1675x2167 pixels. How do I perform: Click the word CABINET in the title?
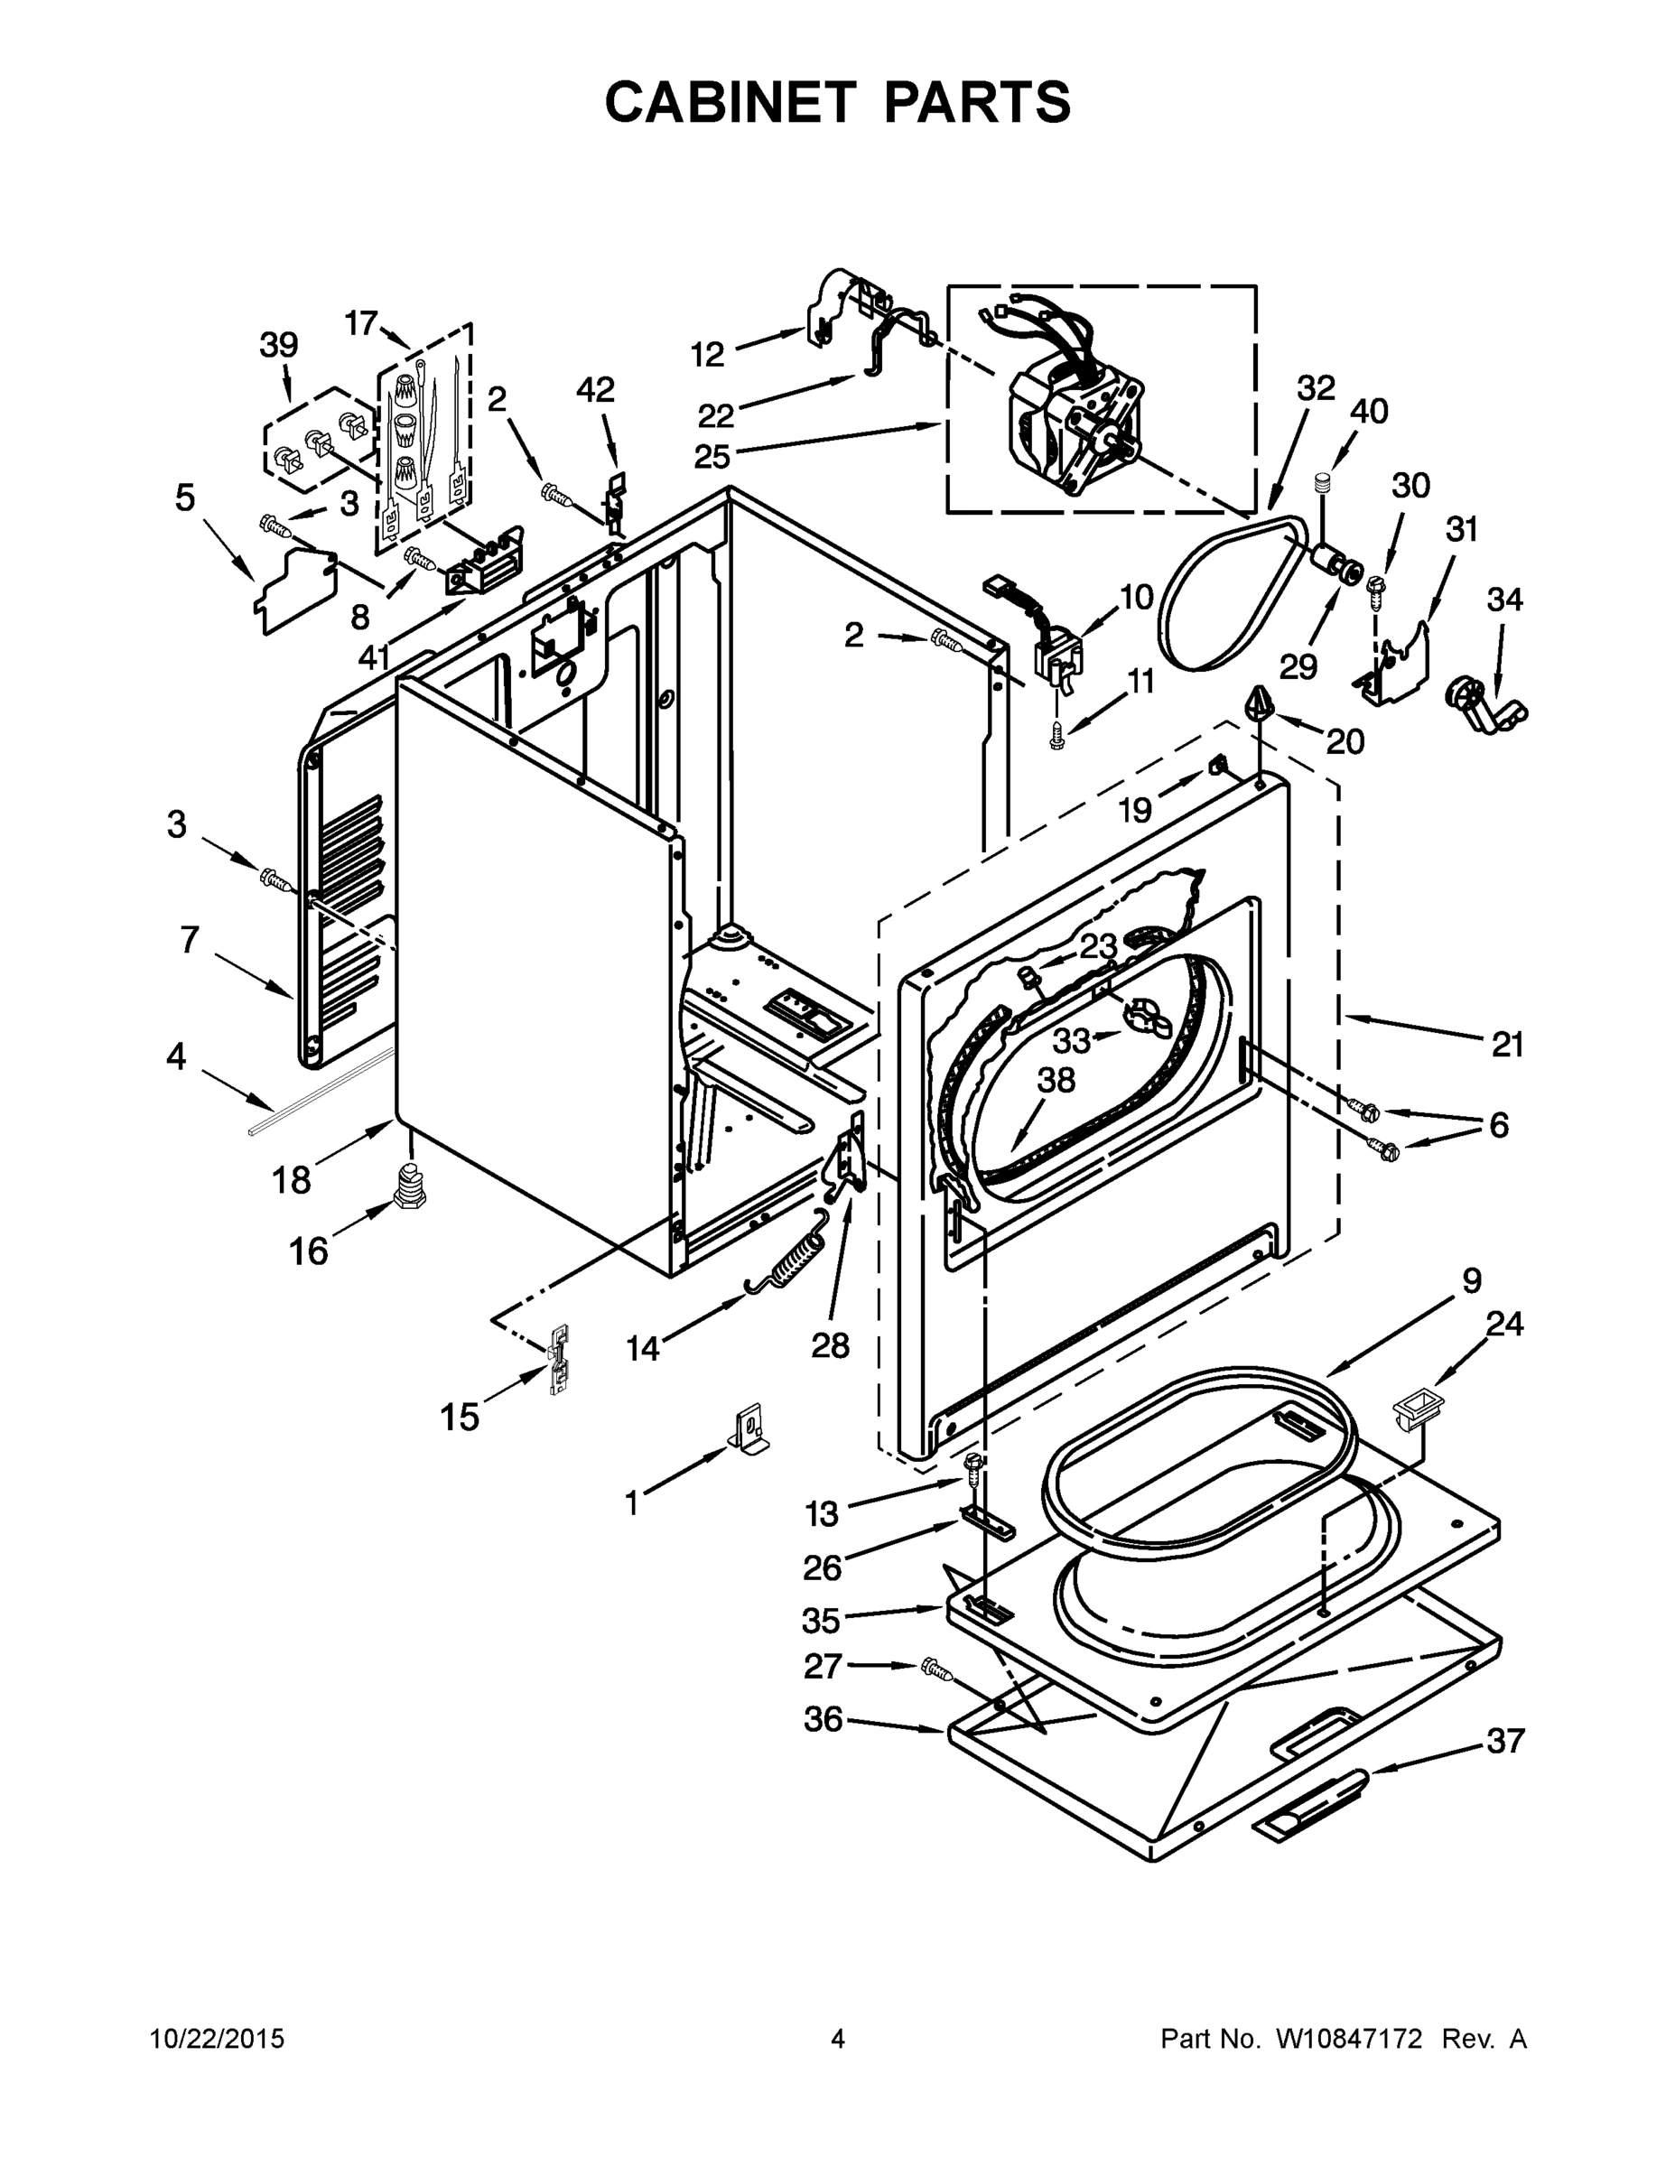[x=730, y=101]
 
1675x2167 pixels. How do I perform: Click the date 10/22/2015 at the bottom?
[x=218, y=2039]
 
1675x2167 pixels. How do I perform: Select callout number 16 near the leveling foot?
[x=309, y=1251]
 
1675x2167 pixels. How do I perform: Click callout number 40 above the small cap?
[x=1368, y=411]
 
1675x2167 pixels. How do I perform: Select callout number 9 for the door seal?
[x=1472, y=1280]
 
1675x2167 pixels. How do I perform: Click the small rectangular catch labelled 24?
[x=1419, y=1409]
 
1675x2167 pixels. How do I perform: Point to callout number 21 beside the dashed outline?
[x=1507, y=1044]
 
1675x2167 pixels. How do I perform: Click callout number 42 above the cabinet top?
[x=595, y=390]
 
